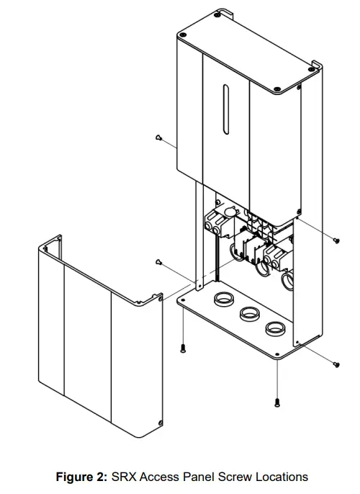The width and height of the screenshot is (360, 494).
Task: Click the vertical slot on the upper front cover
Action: [x=226, y=109]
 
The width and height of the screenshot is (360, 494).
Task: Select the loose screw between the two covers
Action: [x=158, y=262]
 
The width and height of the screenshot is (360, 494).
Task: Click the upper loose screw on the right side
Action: [x=336, y=238]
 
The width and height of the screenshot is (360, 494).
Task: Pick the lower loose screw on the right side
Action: [x=336, y=364]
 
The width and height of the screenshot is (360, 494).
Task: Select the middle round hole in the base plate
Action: [x=248, y=313]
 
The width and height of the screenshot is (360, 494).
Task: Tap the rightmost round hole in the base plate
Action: [x=274, y=328]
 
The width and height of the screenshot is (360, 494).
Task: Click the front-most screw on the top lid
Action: [x=276, y=89]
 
